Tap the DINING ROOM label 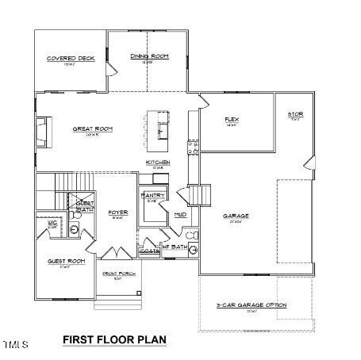click(149, 56)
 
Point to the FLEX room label click(232, 120)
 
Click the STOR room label click(294, 114)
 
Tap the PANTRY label click(152, 195)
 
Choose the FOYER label click(118, 212)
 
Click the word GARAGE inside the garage click(236, 215)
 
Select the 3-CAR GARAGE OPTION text click(252, 304)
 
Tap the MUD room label click(180, 214)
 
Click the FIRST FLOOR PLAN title click(114, 339)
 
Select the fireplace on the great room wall click(41, 132)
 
